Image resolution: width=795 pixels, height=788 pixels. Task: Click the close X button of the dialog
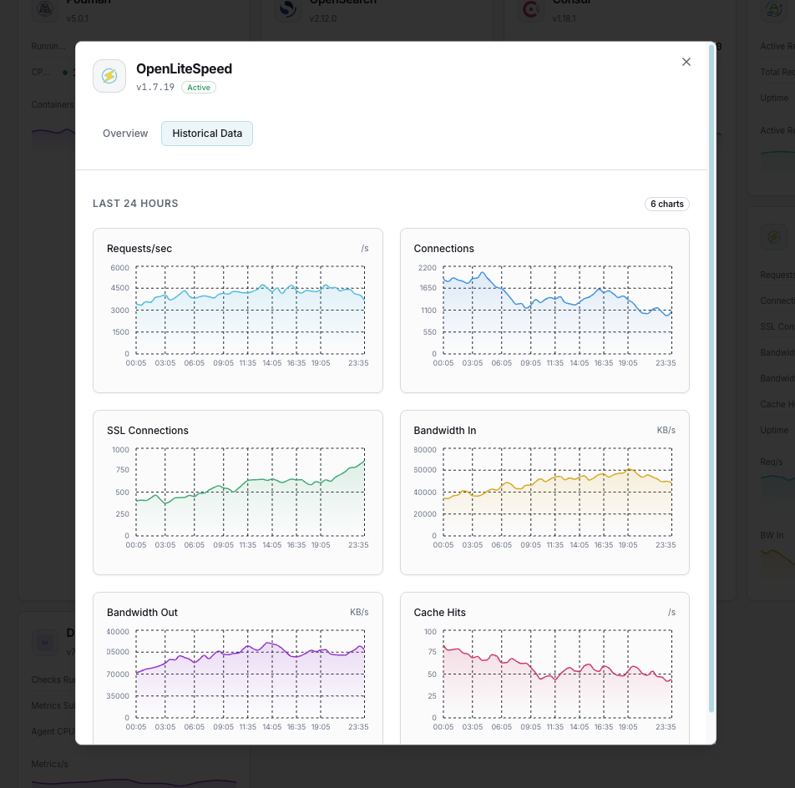pos(686,62)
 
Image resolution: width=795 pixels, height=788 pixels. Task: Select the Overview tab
pos(125,134)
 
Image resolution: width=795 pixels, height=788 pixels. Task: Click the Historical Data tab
pos(207,134)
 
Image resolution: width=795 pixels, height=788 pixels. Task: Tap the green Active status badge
pos(199,87)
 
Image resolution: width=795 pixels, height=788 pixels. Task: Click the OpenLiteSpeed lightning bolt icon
pos(109,76)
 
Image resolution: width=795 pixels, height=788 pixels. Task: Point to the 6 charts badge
pos(667,204)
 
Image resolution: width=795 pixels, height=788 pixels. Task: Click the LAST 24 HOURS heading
pos(135,204)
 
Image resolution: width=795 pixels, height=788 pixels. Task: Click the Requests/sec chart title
pos(139,249)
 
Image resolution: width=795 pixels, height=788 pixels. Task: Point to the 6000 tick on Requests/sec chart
pos(119,267)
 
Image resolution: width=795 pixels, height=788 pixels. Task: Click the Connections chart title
pos(443,249)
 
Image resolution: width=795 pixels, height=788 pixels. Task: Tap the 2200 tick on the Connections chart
pos(428,267)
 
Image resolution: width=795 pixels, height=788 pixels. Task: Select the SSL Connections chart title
pos(148,431)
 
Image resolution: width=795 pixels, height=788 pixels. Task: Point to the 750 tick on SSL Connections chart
pos(122,470)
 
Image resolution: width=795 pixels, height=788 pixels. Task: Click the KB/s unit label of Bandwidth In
pos(666,431)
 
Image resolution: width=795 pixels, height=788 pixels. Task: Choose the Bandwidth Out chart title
pos(142,613)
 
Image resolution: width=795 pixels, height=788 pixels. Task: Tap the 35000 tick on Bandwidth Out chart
pos(118,695)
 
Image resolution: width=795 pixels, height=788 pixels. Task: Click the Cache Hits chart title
pos(440,613)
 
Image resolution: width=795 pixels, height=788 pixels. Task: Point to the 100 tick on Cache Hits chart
pos(430,632)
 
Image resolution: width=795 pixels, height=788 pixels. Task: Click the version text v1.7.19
pos(155,87)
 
